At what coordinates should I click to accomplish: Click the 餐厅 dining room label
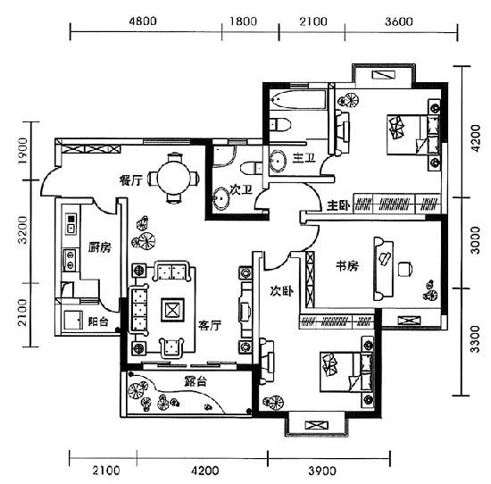point(131,180)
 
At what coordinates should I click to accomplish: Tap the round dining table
point(173,179)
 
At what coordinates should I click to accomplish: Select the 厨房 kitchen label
point(100,247)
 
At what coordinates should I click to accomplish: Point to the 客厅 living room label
point(210,325)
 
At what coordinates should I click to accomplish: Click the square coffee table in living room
point(172,310)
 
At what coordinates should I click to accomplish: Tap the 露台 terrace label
point(196,381)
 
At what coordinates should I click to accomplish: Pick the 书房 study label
point(347,266)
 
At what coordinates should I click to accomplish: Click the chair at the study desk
point(405,269)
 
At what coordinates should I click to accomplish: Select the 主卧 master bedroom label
point(338,205)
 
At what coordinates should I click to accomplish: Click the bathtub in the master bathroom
point(298,100)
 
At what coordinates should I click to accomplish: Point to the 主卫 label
point(304,158)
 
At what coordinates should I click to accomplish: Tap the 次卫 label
point(240,189)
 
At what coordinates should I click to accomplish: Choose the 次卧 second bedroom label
point(282,291)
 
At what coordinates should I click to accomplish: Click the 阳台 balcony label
point(98,321)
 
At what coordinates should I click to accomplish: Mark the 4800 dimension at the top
point(143,21)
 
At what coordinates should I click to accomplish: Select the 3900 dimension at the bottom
point(322,471)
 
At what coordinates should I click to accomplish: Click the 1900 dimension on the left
point(22,151)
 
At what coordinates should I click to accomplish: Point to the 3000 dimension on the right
point(475,240)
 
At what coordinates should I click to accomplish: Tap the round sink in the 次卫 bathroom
point(221,198)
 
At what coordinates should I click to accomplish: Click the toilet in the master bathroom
point(280,124)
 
